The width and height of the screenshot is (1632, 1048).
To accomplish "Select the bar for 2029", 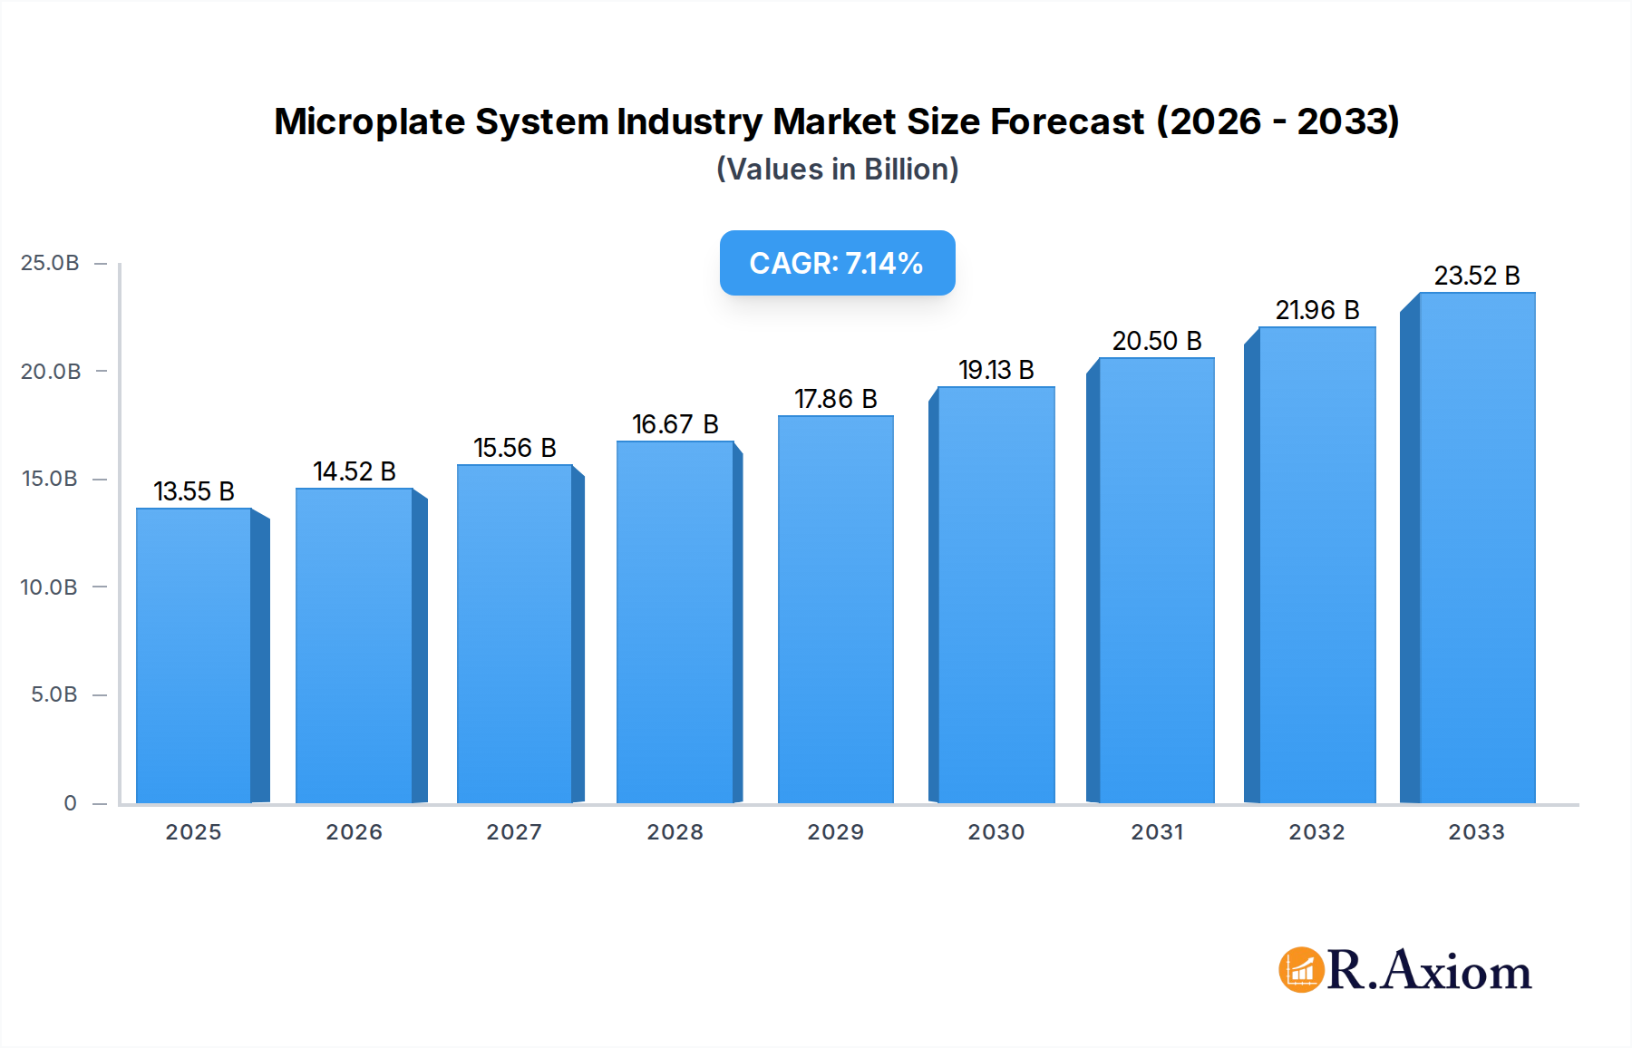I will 835,609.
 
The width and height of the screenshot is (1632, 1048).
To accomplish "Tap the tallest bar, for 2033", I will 1476,548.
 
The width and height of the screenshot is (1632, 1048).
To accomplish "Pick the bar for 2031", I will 1156,580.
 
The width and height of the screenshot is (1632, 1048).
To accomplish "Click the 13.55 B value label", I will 194,491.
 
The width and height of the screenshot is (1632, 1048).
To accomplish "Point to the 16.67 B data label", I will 675,424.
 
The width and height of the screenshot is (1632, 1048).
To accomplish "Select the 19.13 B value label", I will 996,370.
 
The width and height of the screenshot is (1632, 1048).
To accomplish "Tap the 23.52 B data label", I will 1476,276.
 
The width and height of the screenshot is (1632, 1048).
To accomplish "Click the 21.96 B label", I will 1316,310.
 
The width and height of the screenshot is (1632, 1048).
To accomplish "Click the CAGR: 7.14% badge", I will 837,263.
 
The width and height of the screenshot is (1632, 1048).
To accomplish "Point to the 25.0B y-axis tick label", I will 50,263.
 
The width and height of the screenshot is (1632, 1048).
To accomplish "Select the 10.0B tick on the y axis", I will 49,587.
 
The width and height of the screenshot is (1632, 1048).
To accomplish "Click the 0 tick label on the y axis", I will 70,803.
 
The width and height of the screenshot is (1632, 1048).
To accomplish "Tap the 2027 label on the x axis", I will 514,832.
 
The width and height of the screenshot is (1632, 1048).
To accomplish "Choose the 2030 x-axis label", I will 996,832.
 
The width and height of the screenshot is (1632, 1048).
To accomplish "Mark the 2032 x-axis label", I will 1316,832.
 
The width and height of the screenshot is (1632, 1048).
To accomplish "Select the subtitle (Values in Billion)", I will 837,170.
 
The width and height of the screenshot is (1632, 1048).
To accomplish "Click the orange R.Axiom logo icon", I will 1301,970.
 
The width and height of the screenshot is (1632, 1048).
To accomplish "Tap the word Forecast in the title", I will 1067,121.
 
